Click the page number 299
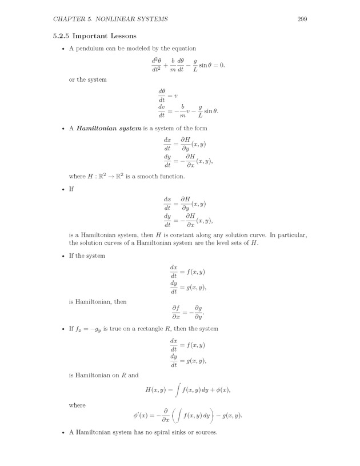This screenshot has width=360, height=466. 303,19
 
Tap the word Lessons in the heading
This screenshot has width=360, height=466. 129,35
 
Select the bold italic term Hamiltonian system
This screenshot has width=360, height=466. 107,129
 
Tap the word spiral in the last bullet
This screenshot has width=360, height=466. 169,432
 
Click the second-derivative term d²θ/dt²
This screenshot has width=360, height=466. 155,65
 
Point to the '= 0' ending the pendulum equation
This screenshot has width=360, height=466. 219,65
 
